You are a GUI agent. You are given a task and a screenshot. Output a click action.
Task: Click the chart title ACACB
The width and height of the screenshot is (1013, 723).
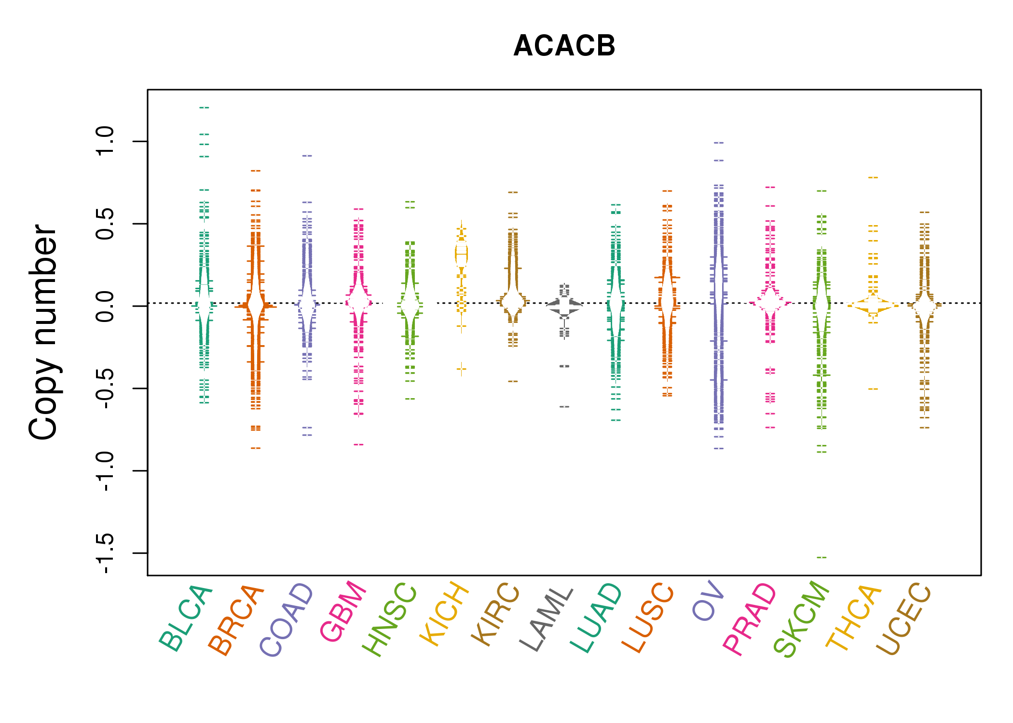[564, 46]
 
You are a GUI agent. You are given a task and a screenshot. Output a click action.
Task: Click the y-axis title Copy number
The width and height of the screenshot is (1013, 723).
[43, 332]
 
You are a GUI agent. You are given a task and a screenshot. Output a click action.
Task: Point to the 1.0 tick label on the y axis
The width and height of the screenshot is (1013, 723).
[105, 141]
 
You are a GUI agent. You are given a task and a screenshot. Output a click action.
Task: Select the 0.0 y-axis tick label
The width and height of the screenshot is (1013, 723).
[105, 306]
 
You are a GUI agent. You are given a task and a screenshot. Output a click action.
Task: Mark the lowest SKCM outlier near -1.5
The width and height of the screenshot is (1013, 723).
[821, 557]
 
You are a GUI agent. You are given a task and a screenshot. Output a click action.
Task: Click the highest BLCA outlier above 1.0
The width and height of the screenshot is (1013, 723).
[204, 107]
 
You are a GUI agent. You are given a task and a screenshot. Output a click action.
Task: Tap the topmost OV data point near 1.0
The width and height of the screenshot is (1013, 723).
[719, 143]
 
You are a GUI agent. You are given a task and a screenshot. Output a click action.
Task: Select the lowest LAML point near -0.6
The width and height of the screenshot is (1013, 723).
[564, 407]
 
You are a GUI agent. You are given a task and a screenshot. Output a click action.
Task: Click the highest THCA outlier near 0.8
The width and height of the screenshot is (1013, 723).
[873, 178]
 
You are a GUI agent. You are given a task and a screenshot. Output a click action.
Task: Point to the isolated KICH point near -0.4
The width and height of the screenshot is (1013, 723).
[462, 369]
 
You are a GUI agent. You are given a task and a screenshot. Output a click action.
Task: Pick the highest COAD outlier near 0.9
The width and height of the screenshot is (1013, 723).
[307, 156]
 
